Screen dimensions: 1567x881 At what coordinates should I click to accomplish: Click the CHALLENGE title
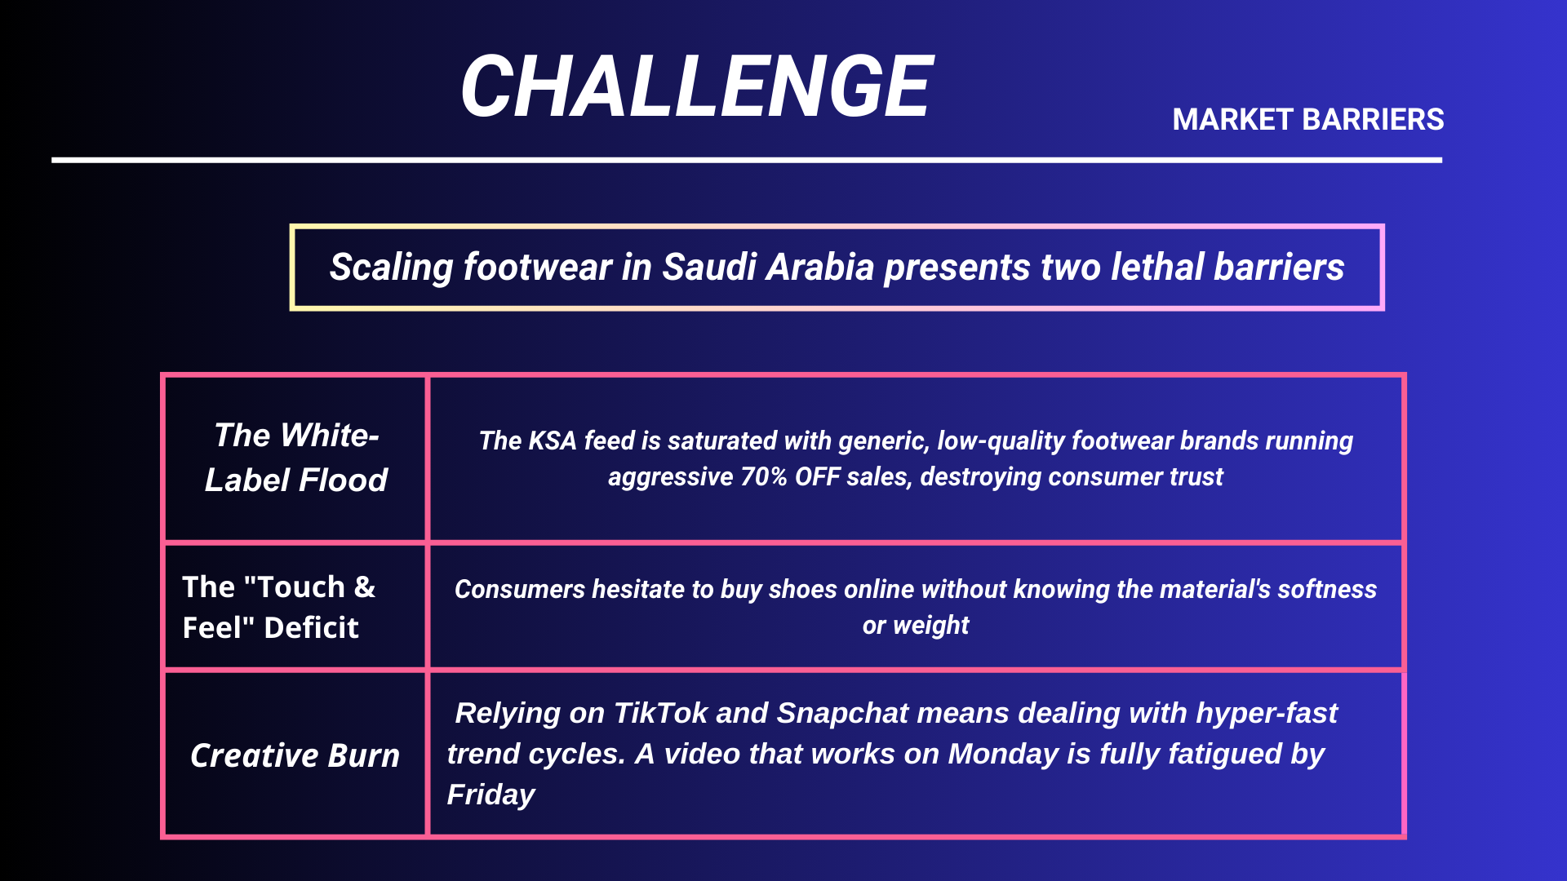(697, 86)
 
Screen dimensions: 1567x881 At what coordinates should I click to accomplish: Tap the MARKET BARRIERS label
(1307, 120)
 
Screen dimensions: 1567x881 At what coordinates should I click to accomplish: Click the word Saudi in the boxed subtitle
(709, 267)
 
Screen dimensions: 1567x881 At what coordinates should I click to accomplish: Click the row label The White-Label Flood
(295, 458)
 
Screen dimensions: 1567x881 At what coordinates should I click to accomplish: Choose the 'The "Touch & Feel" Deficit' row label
(278, 608)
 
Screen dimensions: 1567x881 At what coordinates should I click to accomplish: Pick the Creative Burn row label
(295, 755)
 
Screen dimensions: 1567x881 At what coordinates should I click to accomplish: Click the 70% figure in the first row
(763, 476)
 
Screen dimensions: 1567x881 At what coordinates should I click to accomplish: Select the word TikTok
(659, 713)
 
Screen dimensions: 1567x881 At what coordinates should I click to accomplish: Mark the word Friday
(491, 795)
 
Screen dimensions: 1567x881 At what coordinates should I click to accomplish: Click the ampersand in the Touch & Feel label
(364, 587)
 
